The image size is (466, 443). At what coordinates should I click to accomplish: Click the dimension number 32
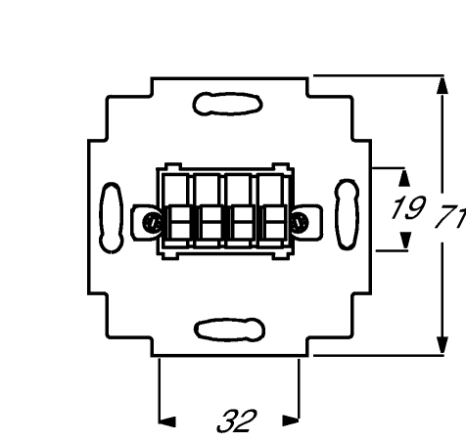coord(237,421)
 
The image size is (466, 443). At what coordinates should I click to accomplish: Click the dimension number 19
coord(408,207)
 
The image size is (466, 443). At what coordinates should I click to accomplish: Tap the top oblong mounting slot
coord(228,104)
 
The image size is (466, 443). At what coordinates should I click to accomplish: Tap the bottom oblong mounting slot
coord(229,330)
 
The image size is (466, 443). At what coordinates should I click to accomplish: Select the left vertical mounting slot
coord(112,217)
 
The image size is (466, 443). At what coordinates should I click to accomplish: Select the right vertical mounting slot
coord(347,214)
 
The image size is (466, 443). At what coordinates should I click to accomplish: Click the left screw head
coord(152,223)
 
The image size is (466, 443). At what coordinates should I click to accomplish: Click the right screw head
coord(300,223)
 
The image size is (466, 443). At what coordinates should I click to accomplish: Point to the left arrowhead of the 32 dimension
coord(167,421)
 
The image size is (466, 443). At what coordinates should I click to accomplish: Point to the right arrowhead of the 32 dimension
coord(291,421)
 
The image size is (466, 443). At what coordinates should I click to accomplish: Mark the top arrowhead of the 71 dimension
coord(443,85)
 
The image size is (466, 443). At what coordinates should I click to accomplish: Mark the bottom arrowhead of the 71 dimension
coord(443,345)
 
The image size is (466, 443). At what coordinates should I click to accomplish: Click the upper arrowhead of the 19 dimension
coord(404,178)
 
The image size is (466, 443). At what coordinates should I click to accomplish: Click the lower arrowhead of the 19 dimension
coord(405,241)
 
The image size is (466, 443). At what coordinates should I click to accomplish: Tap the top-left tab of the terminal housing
coord(173,166)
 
